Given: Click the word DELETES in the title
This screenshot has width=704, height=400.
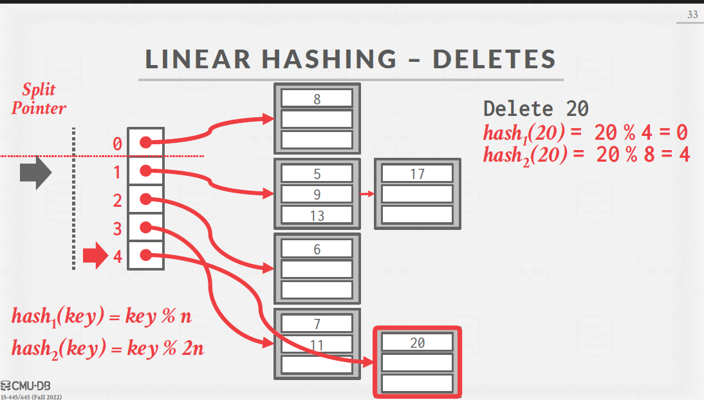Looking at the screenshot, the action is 494,59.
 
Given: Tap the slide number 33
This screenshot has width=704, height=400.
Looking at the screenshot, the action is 692,14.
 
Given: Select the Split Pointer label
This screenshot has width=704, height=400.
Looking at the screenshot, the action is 39,99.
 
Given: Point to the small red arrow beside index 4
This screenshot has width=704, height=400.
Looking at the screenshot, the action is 95,255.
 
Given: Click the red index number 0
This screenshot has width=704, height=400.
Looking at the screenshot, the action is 117,144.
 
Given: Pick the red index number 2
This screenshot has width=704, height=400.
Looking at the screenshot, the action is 117,200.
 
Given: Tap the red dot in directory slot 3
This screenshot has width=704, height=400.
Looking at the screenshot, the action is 145,227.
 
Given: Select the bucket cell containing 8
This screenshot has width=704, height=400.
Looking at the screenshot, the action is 317,99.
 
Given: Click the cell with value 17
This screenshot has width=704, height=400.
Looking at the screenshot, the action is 417,174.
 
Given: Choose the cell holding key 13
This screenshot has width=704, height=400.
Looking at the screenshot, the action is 317,215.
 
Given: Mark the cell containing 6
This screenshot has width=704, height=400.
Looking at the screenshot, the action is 317,249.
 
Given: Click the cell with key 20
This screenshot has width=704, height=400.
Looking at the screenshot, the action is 417,343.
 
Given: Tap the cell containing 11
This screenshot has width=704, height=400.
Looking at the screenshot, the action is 317,345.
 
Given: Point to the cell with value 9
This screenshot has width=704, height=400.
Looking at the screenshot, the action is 317,195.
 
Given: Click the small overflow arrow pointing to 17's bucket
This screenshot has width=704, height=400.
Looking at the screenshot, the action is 367,193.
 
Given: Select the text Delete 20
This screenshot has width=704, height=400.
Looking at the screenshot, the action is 535,108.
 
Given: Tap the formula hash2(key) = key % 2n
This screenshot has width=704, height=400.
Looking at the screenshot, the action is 107,348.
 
